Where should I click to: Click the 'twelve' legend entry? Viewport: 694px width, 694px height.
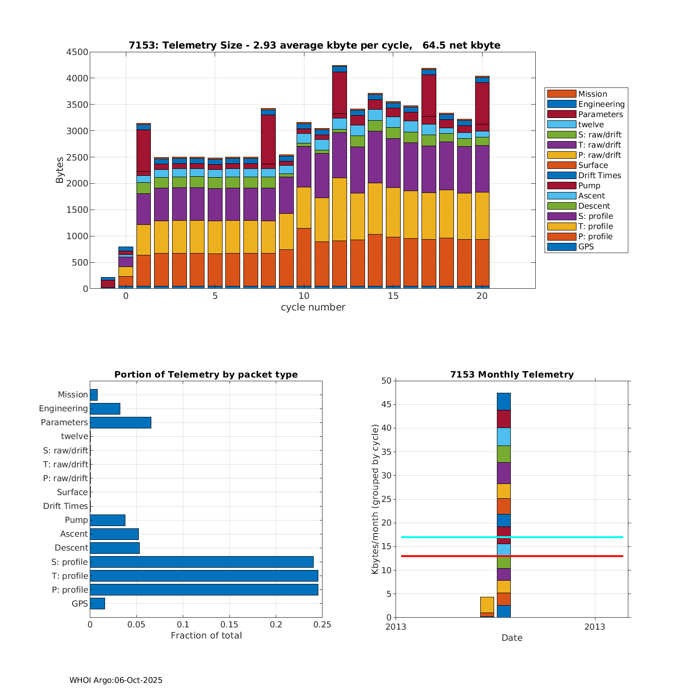(x=591, y=124)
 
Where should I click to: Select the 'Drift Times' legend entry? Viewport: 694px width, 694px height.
(x=599, y=175)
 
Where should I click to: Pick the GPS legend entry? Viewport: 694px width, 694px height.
(x=586, y=247)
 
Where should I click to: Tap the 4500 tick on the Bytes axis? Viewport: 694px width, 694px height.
(x=77, y=52)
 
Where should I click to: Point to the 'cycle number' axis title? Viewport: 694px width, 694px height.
(x=313, y=307)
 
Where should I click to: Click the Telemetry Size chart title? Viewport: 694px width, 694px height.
(x=314, y=45)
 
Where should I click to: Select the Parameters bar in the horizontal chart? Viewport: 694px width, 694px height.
(x=120, y=422)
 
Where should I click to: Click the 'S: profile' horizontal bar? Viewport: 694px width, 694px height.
(x=201, y=562)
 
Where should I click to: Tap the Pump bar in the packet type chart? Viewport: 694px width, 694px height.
(x=107, y=520)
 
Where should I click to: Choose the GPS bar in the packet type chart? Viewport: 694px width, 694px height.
(x=97, y=603)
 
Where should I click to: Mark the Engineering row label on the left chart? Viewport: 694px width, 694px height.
(x=63, y=409)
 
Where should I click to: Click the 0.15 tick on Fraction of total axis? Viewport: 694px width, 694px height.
(x=229, y=625)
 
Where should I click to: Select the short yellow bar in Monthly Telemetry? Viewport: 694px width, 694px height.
(x=487, y=605)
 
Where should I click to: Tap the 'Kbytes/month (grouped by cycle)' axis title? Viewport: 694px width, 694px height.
(x=375, y=499)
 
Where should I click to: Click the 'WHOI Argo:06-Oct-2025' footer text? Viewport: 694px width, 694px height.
(x=116, y=680)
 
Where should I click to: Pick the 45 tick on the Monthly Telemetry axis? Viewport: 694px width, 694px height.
(x=386, y=405)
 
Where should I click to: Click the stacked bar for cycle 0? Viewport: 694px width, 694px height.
(x=126, y=268)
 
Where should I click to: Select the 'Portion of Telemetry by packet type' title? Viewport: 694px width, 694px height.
(x=206, y=375)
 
